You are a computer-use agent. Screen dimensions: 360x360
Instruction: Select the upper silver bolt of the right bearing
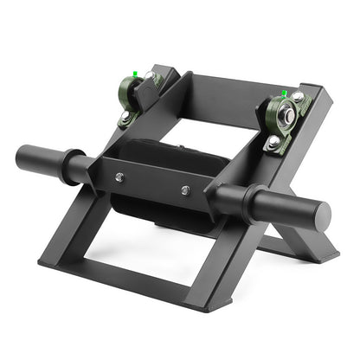point(298,97)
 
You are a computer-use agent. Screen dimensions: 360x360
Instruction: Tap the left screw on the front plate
point(119,177)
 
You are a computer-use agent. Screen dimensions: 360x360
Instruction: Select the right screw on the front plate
point(185,190)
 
